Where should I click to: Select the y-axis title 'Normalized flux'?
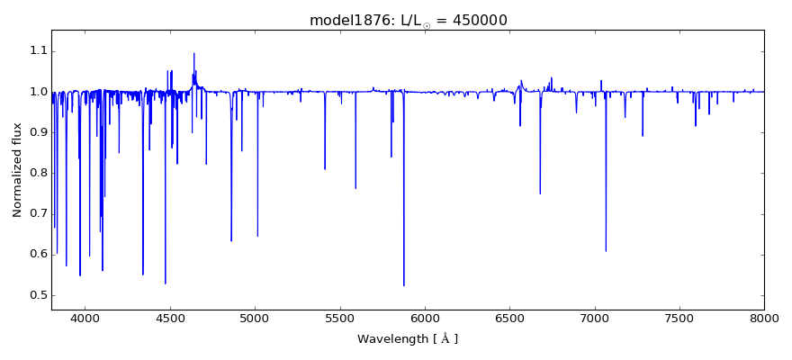click(x=17, y=170)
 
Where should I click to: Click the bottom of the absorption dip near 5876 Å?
click(x=404, y=285)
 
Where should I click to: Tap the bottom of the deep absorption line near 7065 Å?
click(x=606, y=251)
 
